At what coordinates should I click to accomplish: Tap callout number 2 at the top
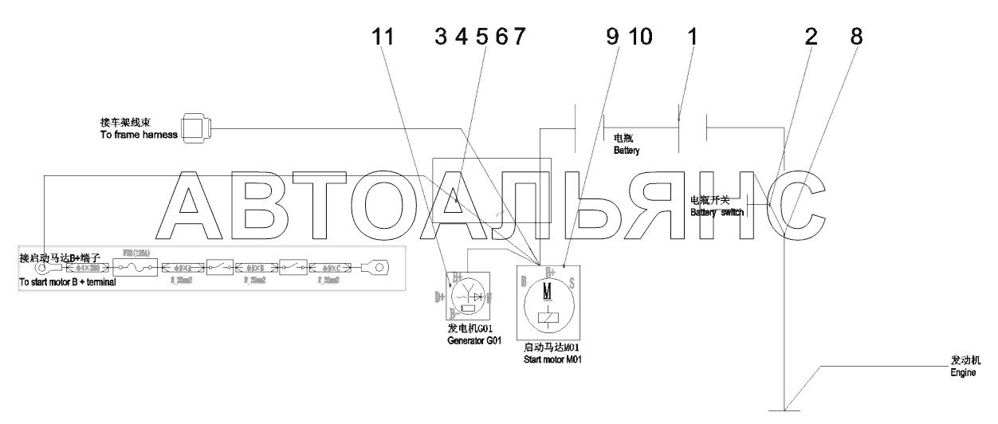click(x=811, y=37)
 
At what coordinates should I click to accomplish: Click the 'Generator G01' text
click(x=473, y=340)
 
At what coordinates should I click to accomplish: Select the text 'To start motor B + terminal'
click(x=68, y=283)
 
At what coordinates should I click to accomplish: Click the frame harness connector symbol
click(x=196, y=128)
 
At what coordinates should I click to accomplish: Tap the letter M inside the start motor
click(x=547, y=292)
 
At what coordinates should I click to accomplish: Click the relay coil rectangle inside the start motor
click(x=547, y=318)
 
